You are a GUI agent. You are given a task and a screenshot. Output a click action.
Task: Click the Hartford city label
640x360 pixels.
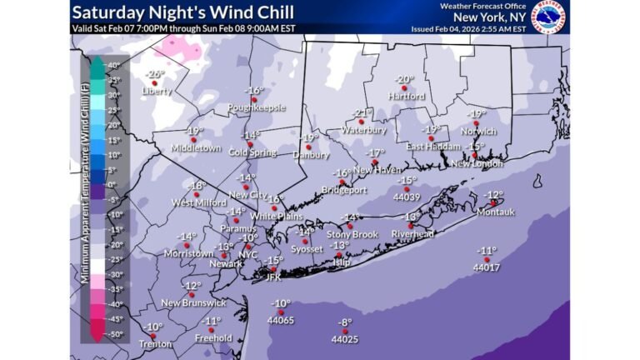click(x=405, y=96)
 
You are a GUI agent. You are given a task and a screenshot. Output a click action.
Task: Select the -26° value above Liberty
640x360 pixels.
click(x=155, y=73)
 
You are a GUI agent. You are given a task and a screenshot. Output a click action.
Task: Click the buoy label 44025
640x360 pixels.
click(x=345, y=339)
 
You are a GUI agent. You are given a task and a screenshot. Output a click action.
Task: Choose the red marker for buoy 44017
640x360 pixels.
click(x=487, y=260)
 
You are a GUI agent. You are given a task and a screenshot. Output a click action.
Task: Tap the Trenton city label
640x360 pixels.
click(x=155, y=343)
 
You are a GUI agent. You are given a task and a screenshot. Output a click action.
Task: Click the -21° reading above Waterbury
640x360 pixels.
click(x=361, y=112)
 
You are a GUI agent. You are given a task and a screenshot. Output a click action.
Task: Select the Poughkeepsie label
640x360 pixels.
click(x=257, y=107)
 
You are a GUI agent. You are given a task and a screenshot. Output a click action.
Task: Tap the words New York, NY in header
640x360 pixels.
click(x=491, y=17)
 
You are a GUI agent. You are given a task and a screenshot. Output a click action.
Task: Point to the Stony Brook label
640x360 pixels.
click(x=352, y=234)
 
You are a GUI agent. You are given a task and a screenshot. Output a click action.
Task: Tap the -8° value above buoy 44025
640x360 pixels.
click(x=344, y=322)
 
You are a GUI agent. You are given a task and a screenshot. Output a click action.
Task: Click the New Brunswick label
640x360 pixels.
click(x=193, y=302)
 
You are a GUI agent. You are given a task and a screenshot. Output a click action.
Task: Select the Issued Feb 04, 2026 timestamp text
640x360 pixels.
click(x=468, y=27)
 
